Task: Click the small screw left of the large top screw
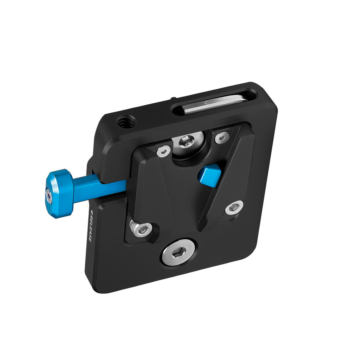[x=163, y=152]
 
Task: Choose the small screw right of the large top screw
[x=222, y=137]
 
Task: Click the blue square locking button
[x=209, y=175]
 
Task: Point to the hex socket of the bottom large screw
[x=179, y=253]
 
